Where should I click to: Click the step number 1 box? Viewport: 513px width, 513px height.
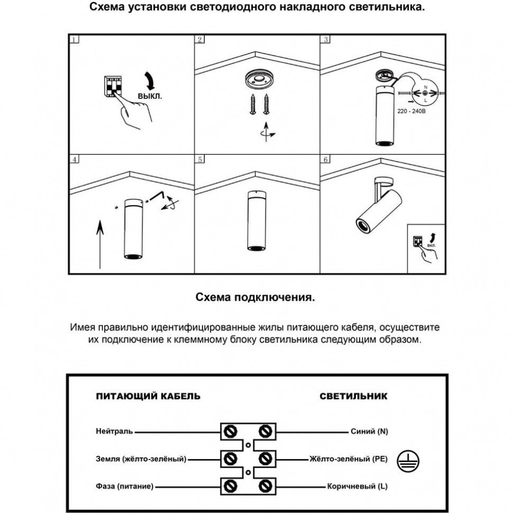(75, 40)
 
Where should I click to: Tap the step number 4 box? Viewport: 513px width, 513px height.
(75, 159)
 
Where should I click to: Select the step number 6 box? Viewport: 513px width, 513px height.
(326, 159)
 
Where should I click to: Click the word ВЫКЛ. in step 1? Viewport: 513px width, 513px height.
(150, 97)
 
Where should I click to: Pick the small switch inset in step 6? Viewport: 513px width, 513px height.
(426, 248)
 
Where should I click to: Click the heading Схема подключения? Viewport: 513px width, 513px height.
(255, 298)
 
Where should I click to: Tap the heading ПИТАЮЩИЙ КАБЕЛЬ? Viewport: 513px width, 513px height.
(148, 396)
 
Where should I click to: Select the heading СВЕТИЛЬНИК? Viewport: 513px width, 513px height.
(353, 396)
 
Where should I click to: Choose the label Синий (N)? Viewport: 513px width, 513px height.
(369, 432)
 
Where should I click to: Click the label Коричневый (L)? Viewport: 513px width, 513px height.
(358, 485)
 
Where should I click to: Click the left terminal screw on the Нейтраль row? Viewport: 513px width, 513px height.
(231, 432)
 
